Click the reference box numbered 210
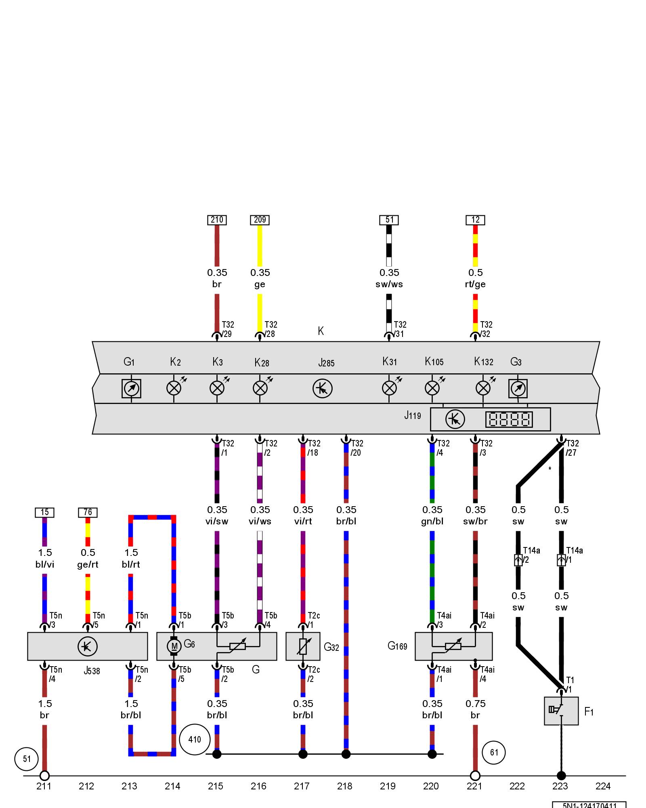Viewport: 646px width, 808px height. pos(217,220)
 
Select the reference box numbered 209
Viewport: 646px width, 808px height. pos(260,220)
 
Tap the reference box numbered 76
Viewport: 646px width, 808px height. pos(88,512)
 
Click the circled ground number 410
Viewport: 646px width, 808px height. pos(195,739)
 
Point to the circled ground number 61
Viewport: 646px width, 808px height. pos(494,752)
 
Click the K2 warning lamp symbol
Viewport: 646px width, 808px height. pos(174,388)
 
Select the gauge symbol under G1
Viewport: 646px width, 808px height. pos(131,389)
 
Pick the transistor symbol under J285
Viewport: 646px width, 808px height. pos(322,389)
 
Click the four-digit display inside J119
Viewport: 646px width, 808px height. pos(509,419)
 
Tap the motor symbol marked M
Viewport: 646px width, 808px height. pos(174,646)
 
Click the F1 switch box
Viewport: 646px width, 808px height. pos(561,711)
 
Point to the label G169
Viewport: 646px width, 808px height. pos(397,646)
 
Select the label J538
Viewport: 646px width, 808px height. pos(92,671)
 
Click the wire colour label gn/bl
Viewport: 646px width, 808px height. pos(432,521)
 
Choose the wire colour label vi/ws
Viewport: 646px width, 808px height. pos(260,521)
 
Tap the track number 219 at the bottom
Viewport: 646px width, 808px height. pos(388,786)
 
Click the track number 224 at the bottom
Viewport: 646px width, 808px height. pos(603,786)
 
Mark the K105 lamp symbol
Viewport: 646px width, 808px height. pos(432,388)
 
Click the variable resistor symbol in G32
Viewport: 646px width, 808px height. pos(303,646)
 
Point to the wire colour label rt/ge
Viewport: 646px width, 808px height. pos(475,284)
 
